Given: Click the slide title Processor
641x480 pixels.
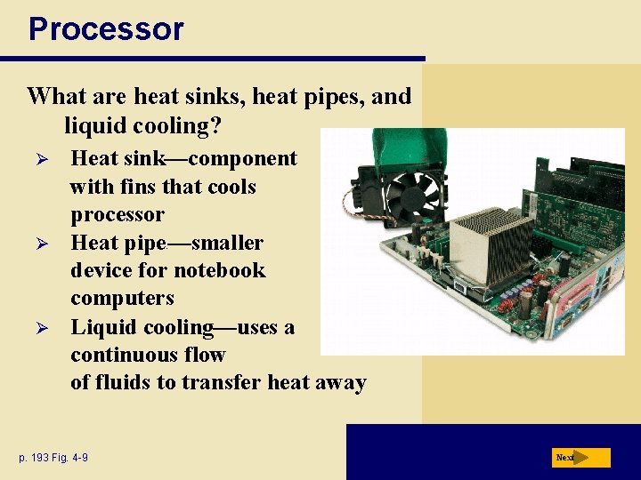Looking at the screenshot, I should click(106, 28).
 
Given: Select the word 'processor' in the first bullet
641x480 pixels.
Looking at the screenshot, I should click(118, 215).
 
